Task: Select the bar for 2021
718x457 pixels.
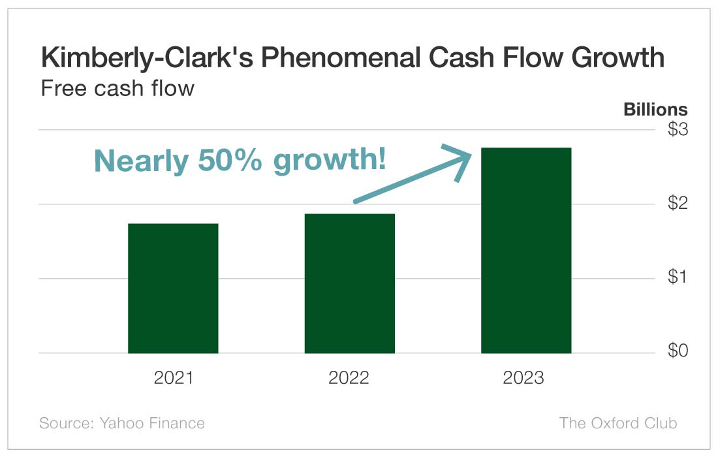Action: tap(173, 288)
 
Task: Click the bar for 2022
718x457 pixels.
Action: tap(349, 283)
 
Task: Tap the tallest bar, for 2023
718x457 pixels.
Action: tap(526, 251)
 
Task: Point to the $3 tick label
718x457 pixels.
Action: tap(678, 130)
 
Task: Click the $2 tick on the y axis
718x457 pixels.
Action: tap(678, 204)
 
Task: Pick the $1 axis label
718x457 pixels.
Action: tap(678, 278)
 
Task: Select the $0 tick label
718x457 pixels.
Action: tap(678, 352)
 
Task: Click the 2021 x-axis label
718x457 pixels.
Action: tap(174, 378)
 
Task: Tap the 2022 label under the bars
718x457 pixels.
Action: tap(349, 378)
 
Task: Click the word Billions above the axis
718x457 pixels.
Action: tap(655, 110)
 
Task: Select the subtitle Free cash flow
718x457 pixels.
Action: tap(117, 87)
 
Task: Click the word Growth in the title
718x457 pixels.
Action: tap(618, 58)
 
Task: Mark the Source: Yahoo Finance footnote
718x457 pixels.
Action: tap(122, 423)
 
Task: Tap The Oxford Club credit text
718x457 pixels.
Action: tap(618, 423)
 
